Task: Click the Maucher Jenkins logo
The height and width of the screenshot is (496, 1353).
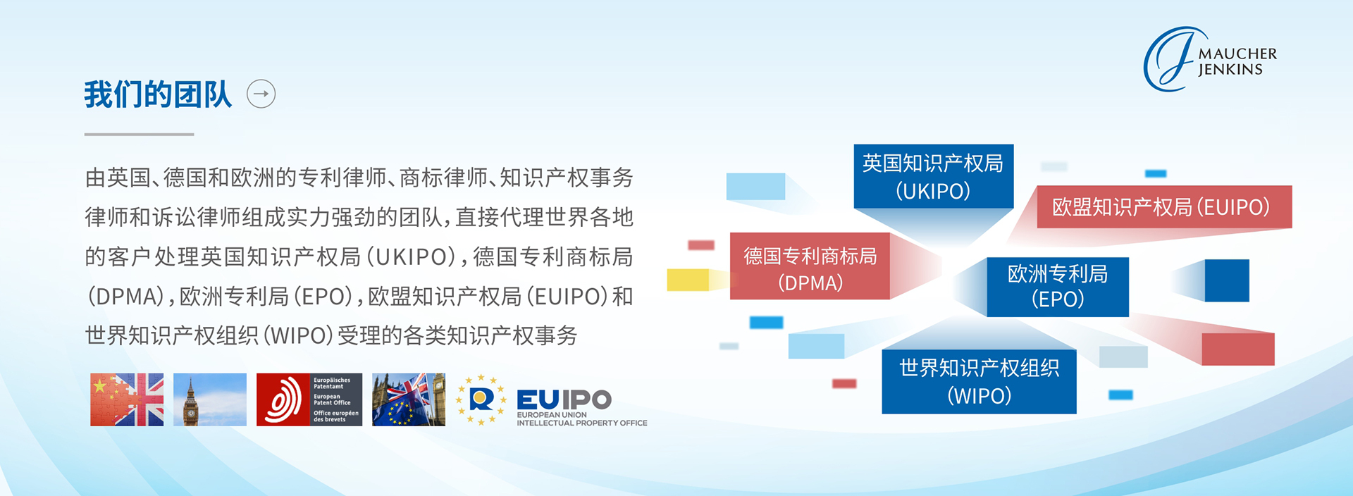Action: (1210, 59)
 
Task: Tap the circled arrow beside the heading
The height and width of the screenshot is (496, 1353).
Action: (261, 94)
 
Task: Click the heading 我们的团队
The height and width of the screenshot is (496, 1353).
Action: (158, 94)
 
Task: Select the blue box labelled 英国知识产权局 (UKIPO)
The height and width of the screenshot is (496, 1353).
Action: (934, 176)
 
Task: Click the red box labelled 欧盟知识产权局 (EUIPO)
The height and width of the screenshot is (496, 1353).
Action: (1164, 206)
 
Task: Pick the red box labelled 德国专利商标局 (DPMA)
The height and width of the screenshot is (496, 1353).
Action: (810, 266)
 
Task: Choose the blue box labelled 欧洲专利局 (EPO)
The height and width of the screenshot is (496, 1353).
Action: (1058, 287)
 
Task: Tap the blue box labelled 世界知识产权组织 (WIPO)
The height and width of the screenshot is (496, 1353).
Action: (979, 381)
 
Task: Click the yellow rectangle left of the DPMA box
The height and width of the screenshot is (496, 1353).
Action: (688, 280)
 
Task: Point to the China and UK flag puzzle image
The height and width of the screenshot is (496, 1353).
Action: (127, 399)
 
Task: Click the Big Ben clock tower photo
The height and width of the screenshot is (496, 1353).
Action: (210, 399)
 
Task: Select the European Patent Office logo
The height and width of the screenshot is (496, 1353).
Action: (309, 399)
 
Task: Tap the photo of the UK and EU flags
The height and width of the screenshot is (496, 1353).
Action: (409, 399)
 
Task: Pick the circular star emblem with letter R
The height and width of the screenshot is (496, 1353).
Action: (481, 400)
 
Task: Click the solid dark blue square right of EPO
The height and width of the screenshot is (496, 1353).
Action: (1227, 280)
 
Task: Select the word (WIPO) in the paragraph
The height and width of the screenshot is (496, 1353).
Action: (298, 335)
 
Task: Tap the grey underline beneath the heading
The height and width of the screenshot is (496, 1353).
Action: (139, 134)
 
